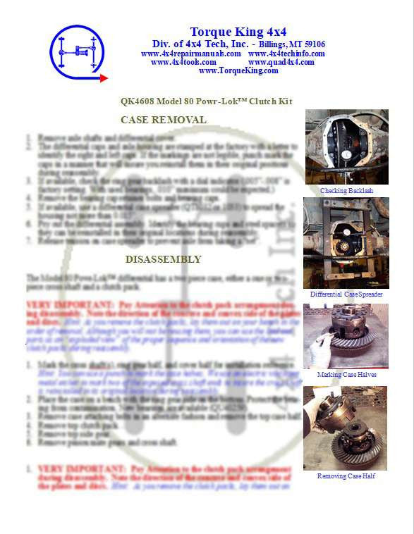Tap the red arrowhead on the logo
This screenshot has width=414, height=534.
click(103, 78)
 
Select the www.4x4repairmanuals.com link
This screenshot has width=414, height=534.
click(190, 54)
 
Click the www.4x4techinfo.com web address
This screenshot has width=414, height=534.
click(286, 54)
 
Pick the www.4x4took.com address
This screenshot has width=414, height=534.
click(183, 62)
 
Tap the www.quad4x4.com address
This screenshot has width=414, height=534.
click(281, 62)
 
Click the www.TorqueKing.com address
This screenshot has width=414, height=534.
click(238, 70)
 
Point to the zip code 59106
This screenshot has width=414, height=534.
click(312, 44)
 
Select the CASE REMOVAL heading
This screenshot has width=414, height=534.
click(164, 120)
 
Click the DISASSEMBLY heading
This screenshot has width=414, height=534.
click(163, 259)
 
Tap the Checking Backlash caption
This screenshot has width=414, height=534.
click(346, 191)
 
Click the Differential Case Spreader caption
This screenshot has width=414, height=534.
click(346, 294)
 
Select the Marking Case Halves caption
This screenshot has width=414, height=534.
click(346, 374)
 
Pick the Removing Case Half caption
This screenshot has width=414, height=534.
click(346, 476)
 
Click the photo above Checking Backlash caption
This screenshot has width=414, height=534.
click(346, 147)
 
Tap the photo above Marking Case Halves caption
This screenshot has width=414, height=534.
click(346, 336)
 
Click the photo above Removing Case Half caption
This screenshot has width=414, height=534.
click(346, 428)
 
